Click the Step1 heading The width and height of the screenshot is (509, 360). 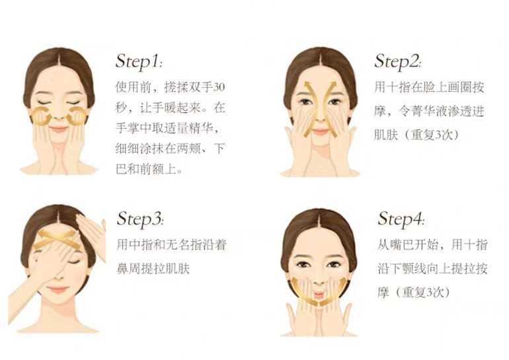(139, 61)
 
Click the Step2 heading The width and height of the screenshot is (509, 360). (398, 61)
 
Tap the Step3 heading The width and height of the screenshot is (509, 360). (140, 219)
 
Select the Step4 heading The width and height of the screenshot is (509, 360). (401, 219)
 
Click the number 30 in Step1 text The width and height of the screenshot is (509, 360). (219, 87)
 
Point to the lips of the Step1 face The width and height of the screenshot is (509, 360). (58, 129)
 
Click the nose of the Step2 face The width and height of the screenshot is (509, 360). (320, 120)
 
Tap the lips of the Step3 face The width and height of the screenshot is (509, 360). (58, 289)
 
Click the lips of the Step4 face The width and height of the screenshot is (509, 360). (319, 295)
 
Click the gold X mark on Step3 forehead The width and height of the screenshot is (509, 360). (58, 239)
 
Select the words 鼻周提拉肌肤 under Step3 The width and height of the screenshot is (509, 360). (153, 269)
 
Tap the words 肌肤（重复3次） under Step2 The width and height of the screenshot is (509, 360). (417, 135)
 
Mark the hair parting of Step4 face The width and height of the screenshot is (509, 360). (319, 221)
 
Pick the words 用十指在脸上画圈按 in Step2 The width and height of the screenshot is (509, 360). (429, 87)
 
